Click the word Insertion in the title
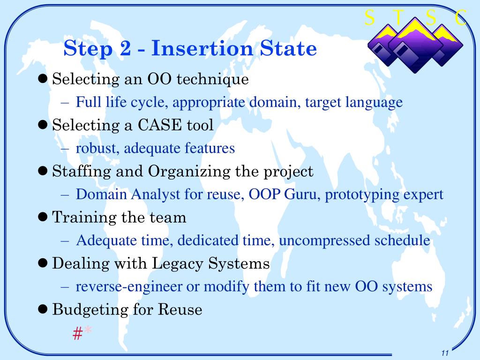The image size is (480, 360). (202, 48)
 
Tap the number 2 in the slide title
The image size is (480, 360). (125, 48)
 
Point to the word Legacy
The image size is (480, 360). (177, 264)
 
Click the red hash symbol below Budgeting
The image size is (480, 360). (77, 333)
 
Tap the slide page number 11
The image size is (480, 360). (445, 352)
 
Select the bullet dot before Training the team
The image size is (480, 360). (43, 217)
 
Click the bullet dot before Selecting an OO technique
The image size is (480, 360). (43, 79)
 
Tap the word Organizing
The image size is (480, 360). (189, 172)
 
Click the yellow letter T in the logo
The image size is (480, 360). (399, 17)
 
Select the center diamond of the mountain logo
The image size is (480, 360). (415, 45)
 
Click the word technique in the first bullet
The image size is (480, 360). (212, 79)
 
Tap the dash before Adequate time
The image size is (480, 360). (65, 241)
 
